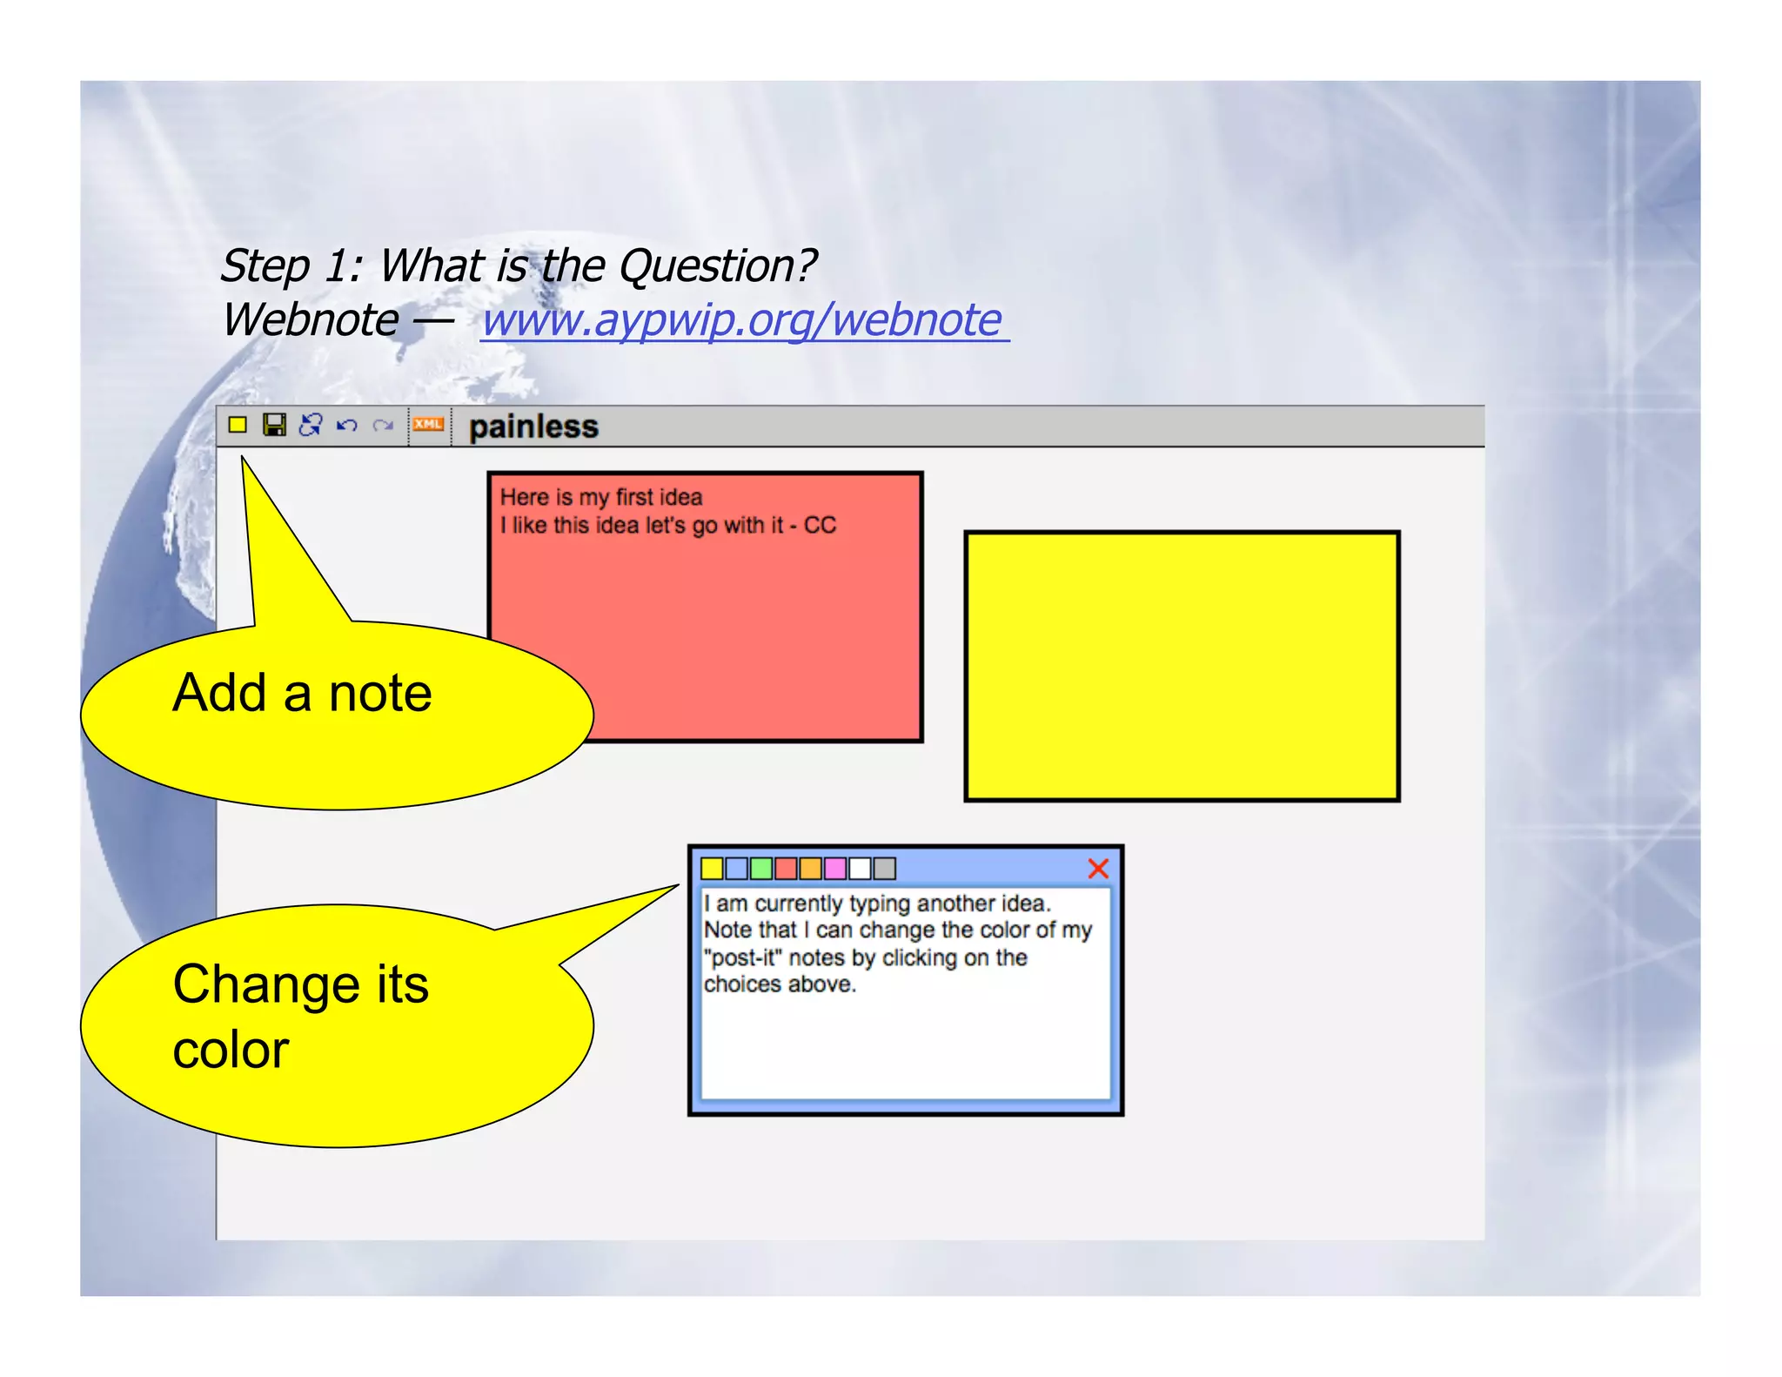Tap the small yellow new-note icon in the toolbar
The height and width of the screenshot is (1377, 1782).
pyautogui.click(x=238, y=425)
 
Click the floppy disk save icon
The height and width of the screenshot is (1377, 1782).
pyautogui.click(x=274, y=425)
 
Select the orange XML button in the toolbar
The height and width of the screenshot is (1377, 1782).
pyautogui.click(x=428, y=425)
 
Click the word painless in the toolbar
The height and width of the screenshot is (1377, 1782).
pyautogui.click(x=533, y=427)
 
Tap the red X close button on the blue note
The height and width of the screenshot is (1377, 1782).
pyautogui.click(x=1098, y=868)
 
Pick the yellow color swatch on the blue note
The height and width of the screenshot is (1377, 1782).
pyautogui.click(x=712, y=868)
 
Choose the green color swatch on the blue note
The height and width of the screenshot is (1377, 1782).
pyautogui.click(x=761, y=868)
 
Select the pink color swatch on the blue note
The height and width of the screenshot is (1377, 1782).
pyautogui.click(x=835, y=868)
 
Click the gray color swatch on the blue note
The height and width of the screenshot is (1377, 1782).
pyautogui.click(x=885, y=868)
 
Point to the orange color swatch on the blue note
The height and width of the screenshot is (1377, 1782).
pyautogui.click(x=810, y=868)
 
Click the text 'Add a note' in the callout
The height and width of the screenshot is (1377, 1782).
pyautogui.click(x=302, y=693)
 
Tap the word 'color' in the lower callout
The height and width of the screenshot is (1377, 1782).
pyautogui.click(x=231, y=1050)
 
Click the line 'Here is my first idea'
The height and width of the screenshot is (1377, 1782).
pyautogui.click(x=600, y=497)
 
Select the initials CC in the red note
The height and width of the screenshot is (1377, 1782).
pyautogui.click(x=820, y=525)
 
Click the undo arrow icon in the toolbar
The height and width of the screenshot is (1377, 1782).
pyautogui.click(x=347, y=425)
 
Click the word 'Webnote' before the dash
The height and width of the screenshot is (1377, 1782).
pyautogui.click(x=311, y=319)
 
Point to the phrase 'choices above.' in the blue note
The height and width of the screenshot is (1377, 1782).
pyautogui.click(x=780, y=984)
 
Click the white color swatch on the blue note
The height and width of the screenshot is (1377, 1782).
pyautogui.click(x=860, y=868)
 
